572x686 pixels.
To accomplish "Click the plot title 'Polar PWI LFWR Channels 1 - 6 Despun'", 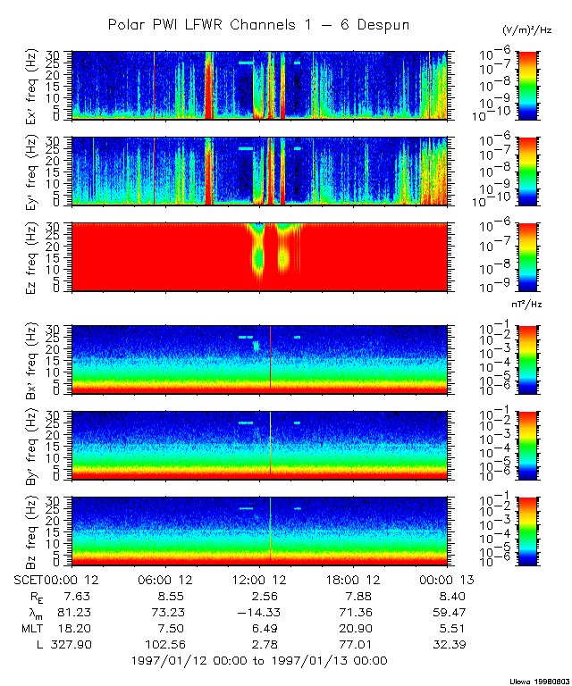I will coord(258,25).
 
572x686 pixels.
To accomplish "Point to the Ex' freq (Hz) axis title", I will coord(34,85).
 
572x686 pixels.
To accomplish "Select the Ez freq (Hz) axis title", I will coord(34,257).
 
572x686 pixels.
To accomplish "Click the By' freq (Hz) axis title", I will coord(34,446).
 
